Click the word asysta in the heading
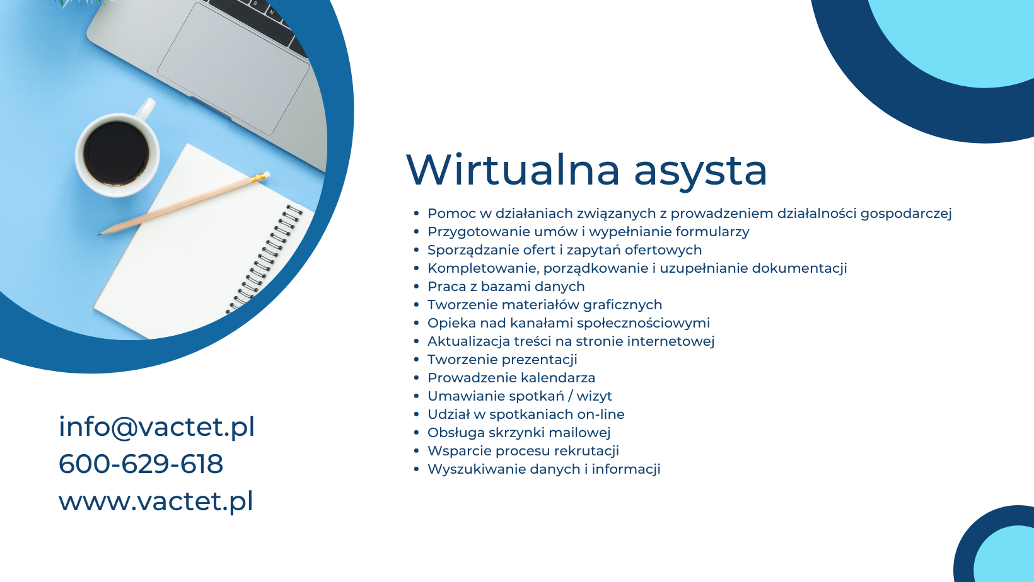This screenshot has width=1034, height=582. (700, 173)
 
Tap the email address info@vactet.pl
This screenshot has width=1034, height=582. (156, 427)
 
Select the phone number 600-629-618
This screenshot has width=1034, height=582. (141, 464)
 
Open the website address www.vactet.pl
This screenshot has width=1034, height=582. (156, 501)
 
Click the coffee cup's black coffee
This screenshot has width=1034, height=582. (116, 153)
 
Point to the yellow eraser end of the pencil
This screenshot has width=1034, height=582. (261, 177)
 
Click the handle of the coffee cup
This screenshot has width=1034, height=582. (145, 109)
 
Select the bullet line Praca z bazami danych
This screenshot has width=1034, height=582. (506, 287)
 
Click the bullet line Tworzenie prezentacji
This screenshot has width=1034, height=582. (502, 360)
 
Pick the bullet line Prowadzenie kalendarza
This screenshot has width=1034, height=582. (511, 378)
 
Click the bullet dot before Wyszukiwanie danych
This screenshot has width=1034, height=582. (416, 469)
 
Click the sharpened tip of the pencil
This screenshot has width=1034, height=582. (99, 234)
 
